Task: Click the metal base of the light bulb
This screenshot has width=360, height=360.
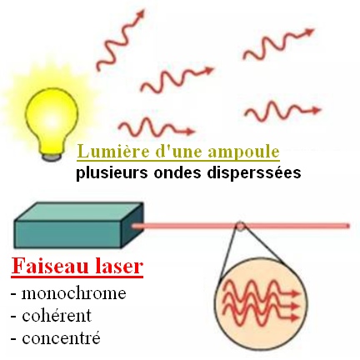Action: (x=52, y=157)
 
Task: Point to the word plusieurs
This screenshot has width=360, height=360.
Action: (x=112, y=173)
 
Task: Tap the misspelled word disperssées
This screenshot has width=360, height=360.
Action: (x=254, y=172)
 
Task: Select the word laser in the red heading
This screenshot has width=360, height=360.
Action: (x=119, y=266)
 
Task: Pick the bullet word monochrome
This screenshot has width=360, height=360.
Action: (x=73, y=293)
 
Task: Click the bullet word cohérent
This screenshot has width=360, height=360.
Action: (x=57, y=315)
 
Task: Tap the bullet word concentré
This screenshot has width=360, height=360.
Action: (x=61, y=338)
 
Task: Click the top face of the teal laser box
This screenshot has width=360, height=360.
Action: (x=79, y=212)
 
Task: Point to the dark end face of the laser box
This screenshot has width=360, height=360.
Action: (x=132, y=225)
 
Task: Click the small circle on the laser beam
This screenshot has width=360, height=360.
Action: (x=240, y=226)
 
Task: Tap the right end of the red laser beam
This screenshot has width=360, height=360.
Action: (x=349, y=226)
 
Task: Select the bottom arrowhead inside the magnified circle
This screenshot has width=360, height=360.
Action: (x=294, y=317)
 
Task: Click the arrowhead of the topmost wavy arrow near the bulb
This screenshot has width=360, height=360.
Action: (x=141, y=13)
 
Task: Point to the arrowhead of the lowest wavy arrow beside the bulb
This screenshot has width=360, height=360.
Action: (x=190, y=132)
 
